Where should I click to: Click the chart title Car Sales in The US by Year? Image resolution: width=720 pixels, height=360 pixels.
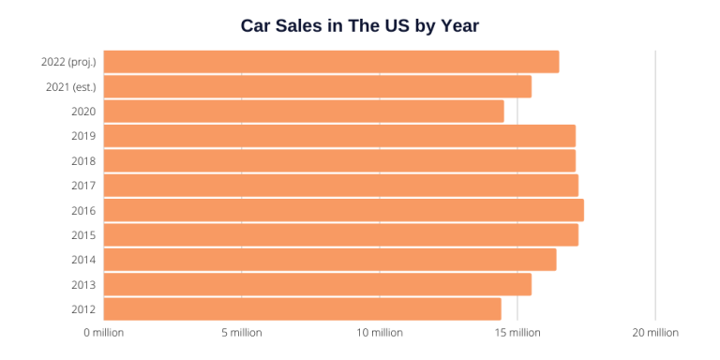point(360,25)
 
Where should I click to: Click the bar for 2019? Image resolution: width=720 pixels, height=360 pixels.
point(338,136)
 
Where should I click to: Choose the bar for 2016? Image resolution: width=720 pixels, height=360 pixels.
point(343,210)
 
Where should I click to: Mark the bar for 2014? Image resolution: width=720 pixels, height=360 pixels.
point(329,260)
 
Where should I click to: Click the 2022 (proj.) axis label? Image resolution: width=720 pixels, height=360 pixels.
point(68,62)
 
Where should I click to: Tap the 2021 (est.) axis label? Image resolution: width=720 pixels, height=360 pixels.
point(71,86)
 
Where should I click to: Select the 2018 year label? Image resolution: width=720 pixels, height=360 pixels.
point(83,160)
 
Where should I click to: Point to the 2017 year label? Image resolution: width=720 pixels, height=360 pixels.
point(83,186)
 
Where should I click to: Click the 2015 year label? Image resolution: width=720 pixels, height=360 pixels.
point(83,235)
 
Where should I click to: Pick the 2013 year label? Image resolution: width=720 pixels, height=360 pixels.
point(83,285)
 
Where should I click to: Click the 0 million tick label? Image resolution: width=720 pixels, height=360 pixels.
point(103,333)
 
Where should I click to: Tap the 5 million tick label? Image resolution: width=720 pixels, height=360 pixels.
point(241,333)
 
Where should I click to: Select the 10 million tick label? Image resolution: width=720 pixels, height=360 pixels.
point(379,333)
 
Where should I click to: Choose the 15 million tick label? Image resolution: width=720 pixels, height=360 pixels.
point(517,333)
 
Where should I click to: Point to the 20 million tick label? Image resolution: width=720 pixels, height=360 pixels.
point(654,333)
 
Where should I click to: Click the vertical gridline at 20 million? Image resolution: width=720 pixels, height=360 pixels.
point(655,187)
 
